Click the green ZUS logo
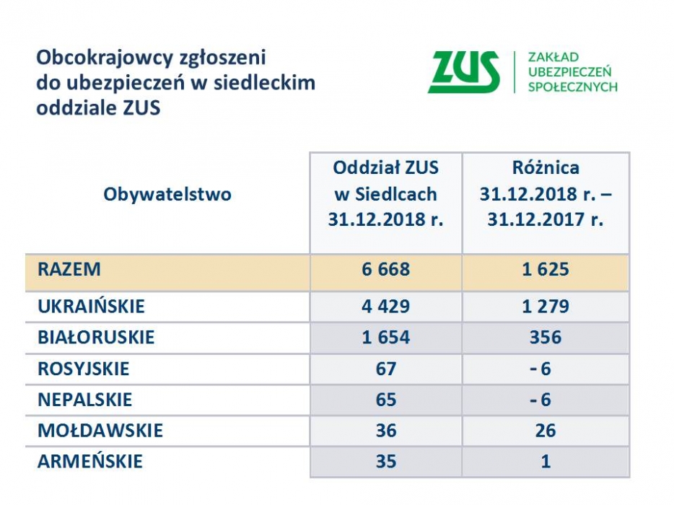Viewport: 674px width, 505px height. pyautogui.click(x=463, y=72)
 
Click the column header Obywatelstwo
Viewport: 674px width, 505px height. pyautogui.click(x=167, y=194)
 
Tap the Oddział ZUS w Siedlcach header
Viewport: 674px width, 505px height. pyautogui.click(x=385, y=194)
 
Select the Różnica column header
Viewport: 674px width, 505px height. pyautogui.click(x=546, y=194)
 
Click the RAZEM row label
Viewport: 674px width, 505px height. pyautogui.click(x=69, y=270)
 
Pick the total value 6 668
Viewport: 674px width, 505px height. pyautogui.click(x=385, y=270)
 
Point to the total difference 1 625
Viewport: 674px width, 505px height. pyautogui.click(x=546, y=270)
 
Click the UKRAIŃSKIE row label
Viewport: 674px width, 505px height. pyautogui.click(x=91, y=307)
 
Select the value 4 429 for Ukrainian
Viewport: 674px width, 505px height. pyautogui.click(x=385, y=307)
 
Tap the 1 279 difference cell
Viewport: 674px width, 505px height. pyautogui.click(x=546, y=307)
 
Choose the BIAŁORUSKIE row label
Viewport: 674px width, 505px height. pyautogui.click(x=96, y=337)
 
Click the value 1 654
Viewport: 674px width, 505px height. pyautogui.click(x=385, y=337)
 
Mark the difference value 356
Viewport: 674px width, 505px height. pyautogui.click(x=546, y=337)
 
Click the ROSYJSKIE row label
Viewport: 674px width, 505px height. pyautogui.click(x=84, y=369)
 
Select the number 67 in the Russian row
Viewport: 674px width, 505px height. pyautogui.click(x=385, y=369)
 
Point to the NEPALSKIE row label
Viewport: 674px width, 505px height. pyautogui.click(x=85, y=400)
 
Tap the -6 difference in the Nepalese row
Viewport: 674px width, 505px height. pyautogui.click(x=540, y=400)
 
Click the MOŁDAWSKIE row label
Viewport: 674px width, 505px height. pyautogui.click(x=100, y=431)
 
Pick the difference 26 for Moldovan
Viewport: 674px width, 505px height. pyautogui.click(x=546, y=431)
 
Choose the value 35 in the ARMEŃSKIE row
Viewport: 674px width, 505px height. pyautogui.click(x=385, y=461)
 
